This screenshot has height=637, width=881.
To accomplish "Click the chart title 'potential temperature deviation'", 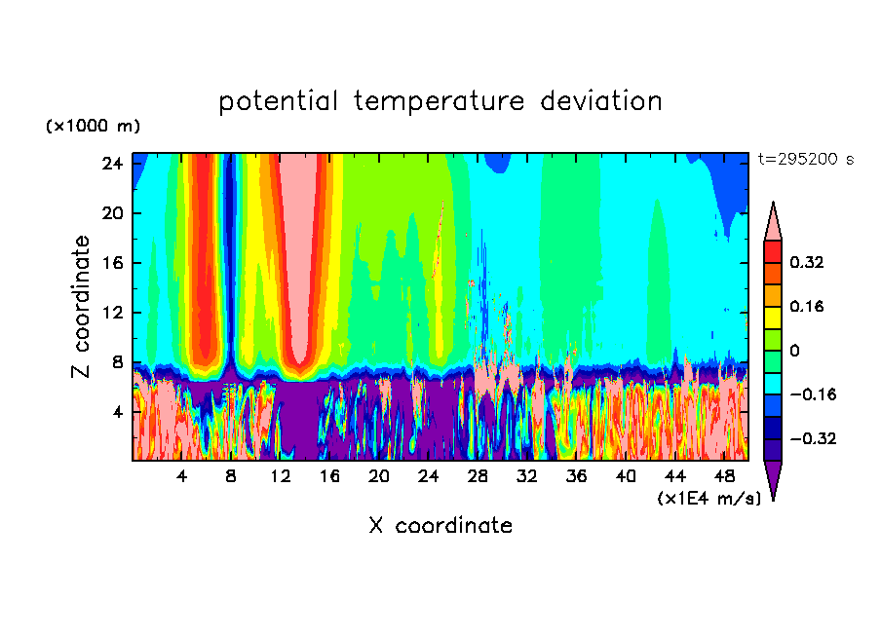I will click(x=440, y=101).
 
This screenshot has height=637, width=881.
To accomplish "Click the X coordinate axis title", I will click(x=440, y=526).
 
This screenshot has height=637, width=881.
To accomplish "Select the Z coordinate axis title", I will click(x=82, y=307).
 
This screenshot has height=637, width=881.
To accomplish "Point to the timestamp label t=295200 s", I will click(x=805, y=160).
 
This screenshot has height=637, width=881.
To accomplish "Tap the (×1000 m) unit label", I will click(x=93, y=127).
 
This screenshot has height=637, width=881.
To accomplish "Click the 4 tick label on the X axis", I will click(x=181, y=476).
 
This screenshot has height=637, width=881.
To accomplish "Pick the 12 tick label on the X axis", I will click(x=281, y=476).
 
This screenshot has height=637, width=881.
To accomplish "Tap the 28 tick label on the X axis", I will click(x=479, y=476).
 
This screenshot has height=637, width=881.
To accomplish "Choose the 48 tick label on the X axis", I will click(x=725, y=476).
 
